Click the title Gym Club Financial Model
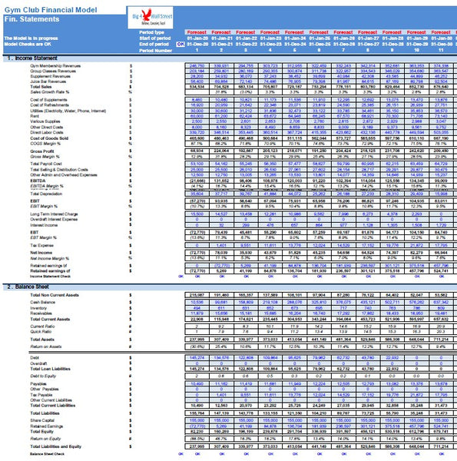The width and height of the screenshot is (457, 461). (x=48, y=6)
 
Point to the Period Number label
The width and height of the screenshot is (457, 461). (x=157, y=51)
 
